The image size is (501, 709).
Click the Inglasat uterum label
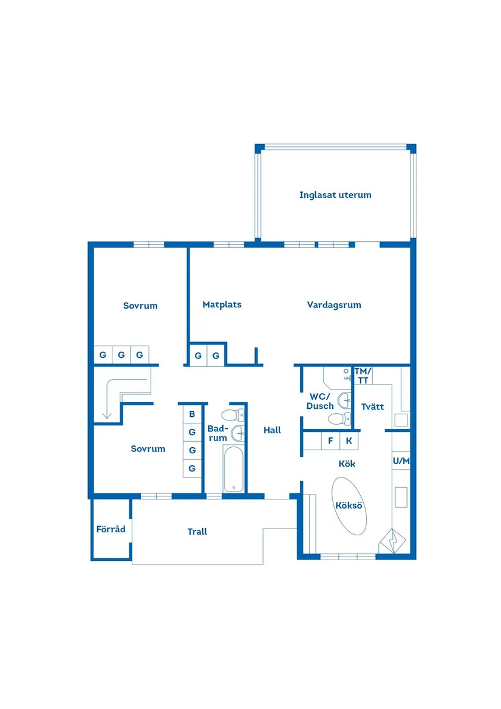pos(335,195)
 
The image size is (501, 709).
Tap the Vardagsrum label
pos(334,305)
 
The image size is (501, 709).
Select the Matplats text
pos(222,304)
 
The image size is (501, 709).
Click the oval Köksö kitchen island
pos(350,505)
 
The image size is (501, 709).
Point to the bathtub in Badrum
pos(234,469)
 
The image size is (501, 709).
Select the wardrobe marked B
pos(192,414)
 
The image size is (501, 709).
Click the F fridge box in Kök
pos(330,441)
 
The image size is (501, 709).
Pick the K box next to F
pos(349,441)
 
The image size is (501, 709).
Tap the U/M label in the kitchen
pos(401,461)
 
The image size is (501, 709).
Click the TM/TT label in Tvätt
pos(363,375)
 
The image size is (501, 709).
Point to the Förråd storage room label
pos(111,529)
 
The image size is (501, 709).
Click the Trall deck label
pos(197,532)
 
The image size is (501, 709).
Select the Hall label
pos(272,430)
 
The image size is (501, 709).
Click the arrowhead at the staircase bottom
pos(107,416)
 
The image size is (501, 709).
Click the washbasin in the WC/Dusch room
pos(345,400)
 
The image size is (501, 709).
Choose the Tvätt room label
pos(372,406)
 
